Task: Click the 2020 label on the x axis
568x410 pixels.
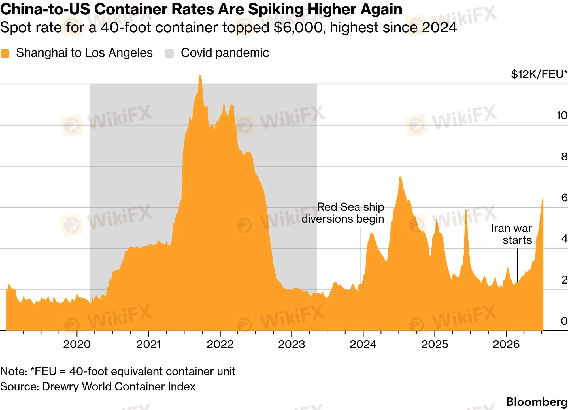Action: pyautogui.click(x=77, y=344)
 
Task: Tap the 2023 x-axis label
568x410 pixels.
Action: pyautogui.click(x=292, y=344)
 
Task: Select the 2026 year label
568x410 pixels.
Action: pyautogui.click(x=506, y=344)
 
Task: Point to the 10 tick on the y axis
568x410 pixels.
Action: pyautogui.click(x=562, y=115)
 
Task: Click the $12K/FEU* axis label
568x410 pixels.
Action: pyautogui.click(x=539, y=74)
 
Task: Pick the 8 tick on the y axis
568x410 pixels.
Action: pyautogui.click(x=564, y=157)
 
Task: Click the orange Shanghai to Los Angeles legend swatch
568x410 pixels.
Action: pyautogui.click(x=5, y=53)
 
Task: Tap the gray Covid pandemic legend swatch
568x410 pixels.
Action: pyautogui.click(x=169, y=53)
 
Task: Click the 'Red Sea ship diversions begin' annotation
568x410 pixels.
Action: pyautogui.click(x=343, y=213)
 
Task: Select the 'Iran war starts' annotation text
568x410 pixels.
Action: pyautogui.click(x=511, y=234)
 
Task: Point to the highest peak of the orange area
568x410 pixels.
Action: pyautogui.click(x=200, y=76)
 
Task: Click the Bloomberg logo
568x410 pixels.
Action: pyautogui.click(x=537, y=402)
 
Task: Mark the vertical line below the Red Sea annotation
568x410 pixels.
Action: pyautogui.click(x=361, y=255)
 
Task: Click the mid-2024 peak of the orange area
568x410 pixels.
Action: pyautogui.click(x=400, y=177)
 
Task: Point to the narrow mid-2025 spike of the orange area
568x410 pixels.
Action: pyautogui.click(x=466, y=210)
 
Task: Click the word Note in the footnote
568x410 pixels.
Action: pyautogui.click(x=13, y=371)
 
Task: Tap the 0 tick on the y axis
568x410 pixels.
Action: pyautogui.click(x=564, y=321)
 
